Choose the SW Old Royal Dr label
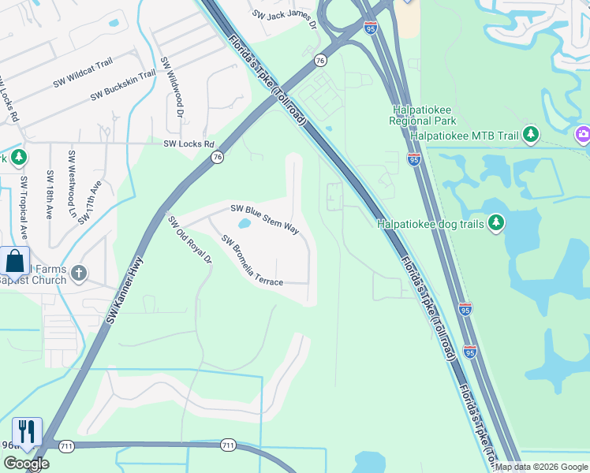[x=190, y=240]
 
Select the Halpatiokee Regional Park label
[x=422, y=116]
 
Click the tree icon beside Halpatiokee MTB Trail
[x=530, y=136]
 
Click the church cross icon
[x=78, y=274]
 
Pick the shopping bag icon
[x=14, y=261]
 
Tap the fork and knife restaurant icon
[x=27, y=431]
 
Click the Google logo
[x=26, y=464]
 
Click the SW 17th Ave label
[x=91, y=202]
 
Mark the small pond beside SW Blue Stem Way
[x=244, y=224]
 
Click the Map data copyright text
[x=541, y=467]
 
